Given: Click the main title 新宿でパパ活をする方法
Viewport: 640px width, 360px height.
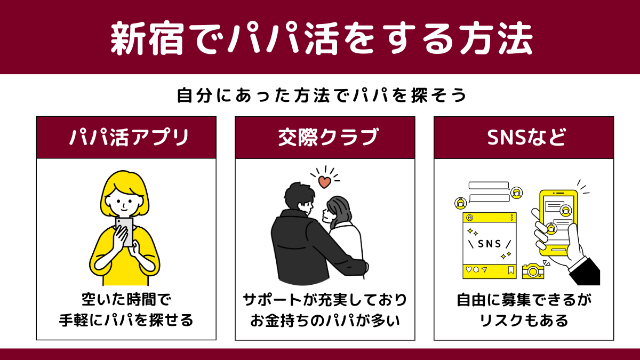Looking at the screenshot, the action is click(322, 38).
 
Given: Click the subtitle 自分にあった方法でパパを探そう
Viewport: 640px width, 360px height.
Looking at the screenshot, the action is click(322, 95).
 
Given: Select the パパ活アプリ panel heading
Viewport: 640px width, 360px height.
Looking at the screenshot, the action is click(129, 137).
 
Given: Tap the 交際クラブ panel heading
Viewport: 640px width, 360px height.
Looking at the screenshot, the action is click(329, 137).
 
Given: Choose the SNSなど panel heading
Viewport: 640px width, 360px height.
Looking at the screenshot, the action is click(526, 137).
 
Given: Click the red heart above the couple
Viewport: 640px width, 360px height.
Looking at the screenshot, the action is click(325, 182).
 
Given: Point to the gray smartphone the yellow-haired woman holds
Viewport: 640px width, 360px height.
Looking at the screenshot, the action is click(125, 232).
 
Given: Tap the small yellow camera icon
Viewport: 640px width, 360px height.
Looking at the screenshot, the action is click(533, 271).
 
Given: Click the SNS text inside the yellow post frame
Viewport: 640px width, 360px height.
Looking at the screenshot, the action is click(490, 244).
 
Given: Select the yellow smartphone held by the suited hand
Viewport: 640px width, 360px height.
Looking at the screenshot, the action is click(558, 223).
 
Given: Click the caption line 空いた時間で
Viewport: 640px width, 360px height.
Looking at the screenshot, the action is click(126, 299).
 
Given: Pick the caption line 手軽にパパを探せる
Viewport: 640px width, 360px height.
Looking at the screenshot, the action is click(126, 320).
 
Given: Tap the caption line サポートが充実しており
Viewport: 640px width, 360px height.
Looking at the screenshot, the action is click(325, 299).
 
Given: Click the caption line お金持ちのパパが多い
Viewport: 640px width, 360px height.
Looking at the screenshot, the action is click(325, 320).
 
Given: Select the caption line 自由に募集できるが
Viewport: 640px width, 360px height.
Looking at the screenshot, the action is click(524, 299).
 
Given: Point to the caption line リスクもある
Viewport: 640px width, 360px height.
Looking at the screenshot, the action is click(524, 320).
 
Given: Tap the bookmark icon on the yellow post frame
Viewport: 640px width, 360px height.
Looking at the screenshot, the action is click(511, 270).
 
